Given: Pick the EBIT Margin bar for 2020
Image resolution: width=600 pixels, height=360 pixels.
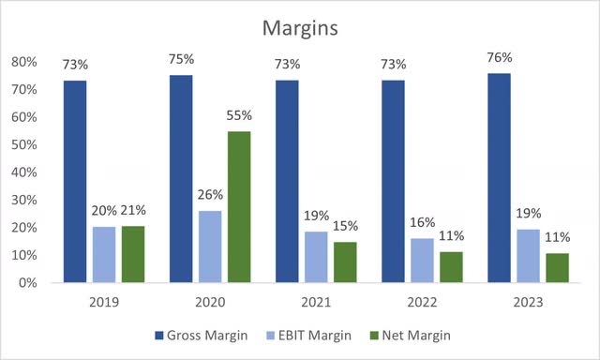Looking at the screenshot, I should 212,247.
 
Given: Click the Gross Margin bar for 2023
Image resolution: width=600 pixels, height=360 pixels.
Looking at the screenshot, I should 501,177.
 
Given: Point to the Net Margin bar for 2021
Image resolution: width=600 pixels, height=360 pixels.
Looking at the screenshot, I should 347,262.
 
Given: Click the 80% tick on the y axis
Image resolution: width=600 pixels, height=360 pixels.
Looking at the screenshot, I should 24,63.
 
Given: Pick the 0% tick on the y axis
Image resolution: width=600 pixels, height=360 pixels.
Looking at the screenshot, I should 28,282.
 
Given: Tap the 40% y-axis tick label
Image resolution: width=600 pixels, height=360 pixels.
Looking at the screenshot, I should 24,172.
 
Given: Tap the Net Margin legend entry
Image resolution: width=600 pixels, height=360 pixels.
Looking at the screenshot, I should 417,335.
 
